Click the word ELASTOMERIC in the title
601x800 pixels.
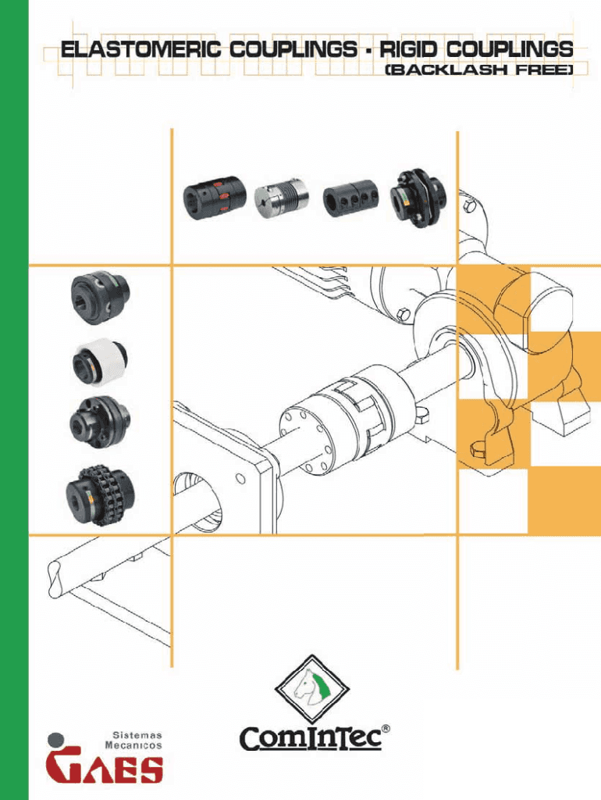pyautogui.click(x=141, y=49)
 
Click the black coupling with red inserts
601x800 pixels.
pyautogui.click(x=215, y=198)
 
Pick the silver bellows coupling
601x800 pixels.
pyautogui.click(x=282, y=198)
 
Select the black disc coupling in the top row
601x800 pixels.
pyautogui.click(x=418, y=198)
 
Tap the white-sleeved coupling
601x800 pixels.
pyautogui.click(x=99, y=360)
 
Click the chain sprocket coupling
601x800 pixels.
pyautogui.click(x=101, y=495)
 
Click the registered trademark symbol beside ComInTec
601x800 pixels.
pyautogui.click(x=386, y=729)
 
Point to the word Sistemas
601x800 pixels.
pyautogui.click(x=137, y=735)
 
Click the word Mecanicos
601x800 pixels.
pyautogui.click(x=133, y=745)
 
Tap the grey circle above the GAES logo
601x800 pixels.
pyautogui.click(x=55, y=741)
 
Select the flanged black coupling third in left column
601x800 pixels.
pyautogui.click(x=100, y=423)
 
